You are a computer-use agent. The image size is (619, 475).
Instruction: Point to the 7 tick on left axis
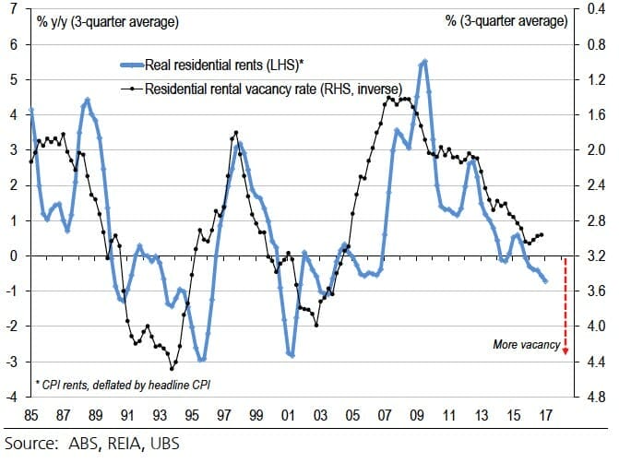[14, 9]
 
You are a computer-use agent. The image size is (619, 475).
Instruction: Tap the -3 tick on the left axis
[12, 362]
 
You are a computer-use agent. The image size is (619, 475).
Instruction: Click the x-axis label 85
[30, 414]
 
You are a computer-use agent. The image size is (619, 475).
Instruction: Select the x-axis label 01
[290, 414]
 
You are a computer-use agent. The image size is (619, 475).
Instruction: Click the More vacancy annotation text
[526, 345]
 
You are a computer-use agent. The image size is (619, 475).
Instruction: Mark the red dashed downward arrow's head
[565, 353]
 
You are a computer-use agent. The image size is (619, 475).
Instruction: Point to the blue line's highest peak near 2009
[423, 62]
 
